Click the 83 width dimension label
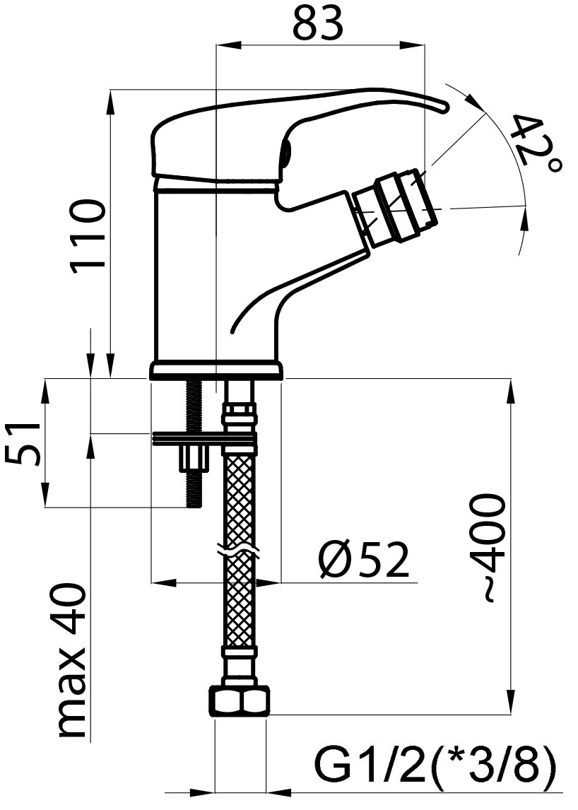tap(318, 23)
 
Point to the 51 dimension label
tap(23, 443)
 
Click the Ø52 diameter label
tap(364, 560)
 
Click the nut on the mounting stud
tap(193, 458)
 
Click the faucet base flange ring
tap(217, 371)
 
